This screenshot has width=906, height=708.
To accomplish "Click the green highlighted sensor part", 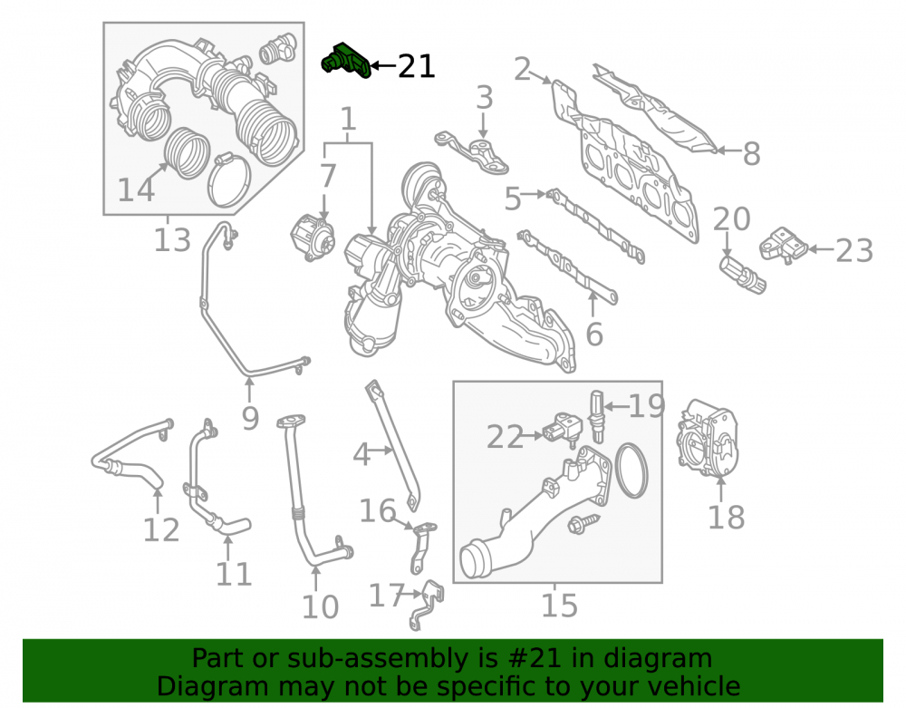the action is pos(345,61).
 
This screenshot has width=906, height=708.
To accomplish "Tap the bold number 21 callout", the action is pos(417,66).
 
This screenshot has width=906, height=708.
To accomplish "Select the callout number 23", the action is pos(854,250).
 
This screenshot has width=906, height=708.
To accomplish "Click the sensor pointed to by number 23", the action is pos(784,245).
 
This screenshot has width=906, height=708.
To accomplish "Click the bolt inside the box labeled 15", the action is pos(583,523).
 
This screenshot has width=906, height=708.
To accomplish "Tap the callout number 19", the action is pos(647,406).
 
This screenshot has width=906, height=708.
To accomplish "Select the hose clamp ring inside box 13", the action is pos(230,180).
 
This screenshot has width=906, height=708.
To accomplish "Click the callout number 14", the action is pos(136,190).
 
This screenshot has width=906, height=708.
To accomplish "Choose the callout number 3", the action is pos(484,98).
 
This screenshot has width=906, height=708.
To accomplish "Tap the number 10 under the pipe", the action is pos(320,606).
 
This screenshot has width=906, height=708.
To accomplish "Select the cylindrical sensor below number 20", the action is pos(743,275).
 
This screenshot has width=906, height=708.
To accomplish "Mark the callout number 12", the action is pos(161,529).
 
